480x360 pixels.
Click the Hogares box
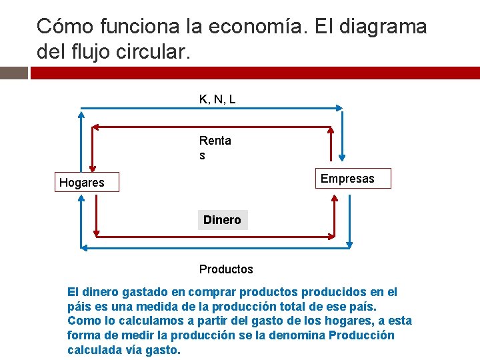tap(82, 182)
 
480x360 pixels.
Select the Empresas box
tap(347, 179)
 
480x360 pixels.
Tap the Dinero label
tap(222, 220)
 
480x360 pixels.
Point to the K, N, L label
tap(217, 99)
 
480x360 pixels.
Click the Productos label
tap(226, 269)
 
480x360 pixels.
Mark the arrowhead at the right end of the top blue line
tap(339, 107)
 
